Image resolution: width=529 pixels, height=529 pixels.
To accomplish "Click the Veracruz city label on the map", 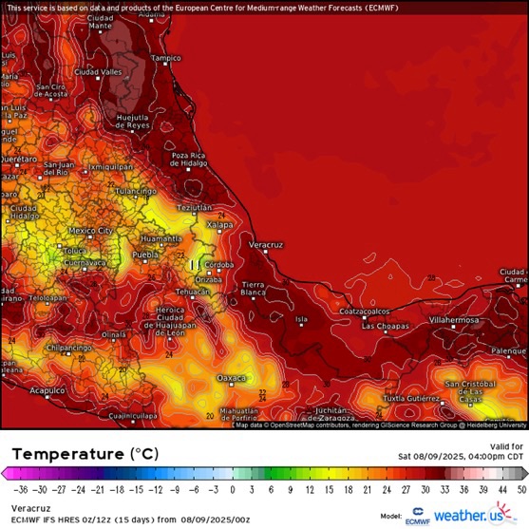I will point(266,245).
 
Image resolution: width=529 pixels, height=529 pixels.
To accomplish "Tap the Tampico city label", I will point(165,58).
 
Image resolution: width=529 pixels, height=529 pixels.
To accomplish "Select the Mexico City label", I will point(91,231).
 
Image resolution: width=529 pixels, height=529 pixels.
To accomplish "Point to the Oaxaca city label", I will point(232,378).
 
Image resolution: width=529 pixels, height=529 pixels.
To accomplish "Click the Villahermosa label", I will point(455,320).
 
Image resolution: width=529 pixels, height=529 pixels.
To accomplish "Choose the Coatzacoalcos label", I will point(366,311).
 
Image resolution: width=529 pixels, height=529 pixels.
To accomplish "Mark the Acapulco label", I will point(47,389).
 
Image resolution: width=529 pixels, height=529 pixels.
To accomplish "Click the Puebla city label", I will point(144,255).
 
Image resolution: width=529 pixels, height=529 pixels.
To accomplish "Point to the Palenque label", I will point(508,350).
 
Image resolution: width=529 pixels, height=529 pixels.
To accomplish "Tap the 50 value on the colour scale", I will point(520,489).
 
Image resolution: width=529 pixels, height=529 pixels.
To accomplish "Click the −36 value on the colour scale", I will point(20,489).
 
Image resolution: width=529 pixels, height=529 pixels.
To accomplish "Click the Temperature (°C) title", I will point(81,454).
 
